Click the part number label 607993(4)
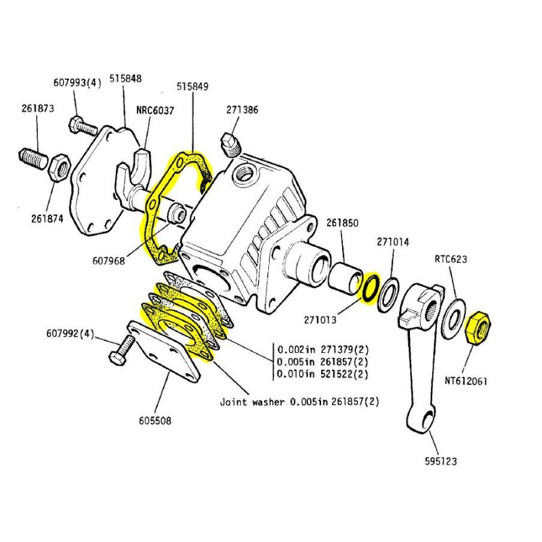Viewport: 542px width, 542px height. point(77,83)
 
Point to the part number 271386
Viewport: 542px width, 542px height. point(242,110)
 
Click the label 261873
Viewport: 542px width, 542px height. point(38,108)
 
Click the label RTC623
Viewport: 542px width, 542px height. point(451,258)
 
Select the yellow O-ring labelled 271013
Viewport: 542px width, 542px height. point(371,289)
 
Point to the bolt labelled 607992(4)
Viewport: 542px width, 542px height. point(119,352)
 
